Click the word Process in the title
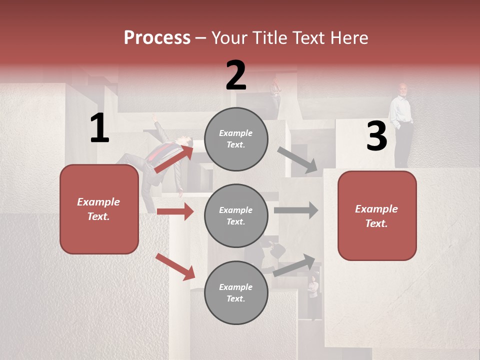[157, 38]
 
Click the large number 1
[99, 128]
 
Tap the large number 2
[236, 75]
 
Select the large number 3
[376, 136]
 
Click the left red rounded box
[99, 209]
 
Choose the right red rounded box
[377, 215]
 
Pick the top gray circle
[236, 139]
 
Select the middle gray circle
[236, 215]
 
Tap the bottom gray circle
[236, 292]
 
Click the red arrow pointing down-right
[175, 266]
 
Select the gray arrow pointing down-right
[297, 160]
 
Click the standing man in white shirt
[401, 125]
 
